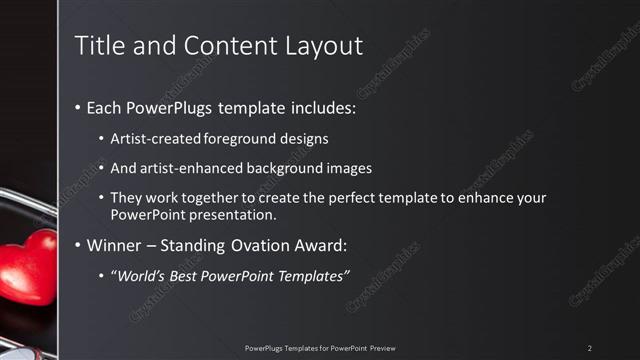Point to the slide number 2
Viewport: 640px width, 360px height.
[590, 348]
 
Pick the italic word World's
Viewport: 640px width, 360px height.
[137, 275]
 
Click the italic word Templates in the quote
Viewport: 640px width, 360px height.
[310, 275]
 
